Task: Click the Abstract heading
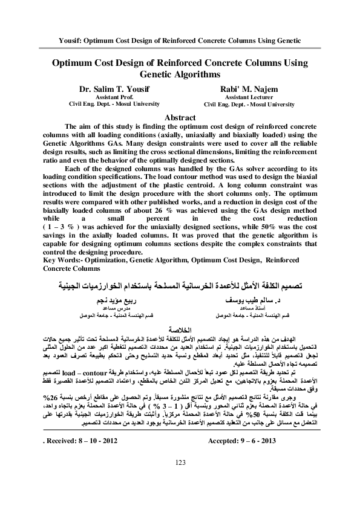click(x=180, y=117)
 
